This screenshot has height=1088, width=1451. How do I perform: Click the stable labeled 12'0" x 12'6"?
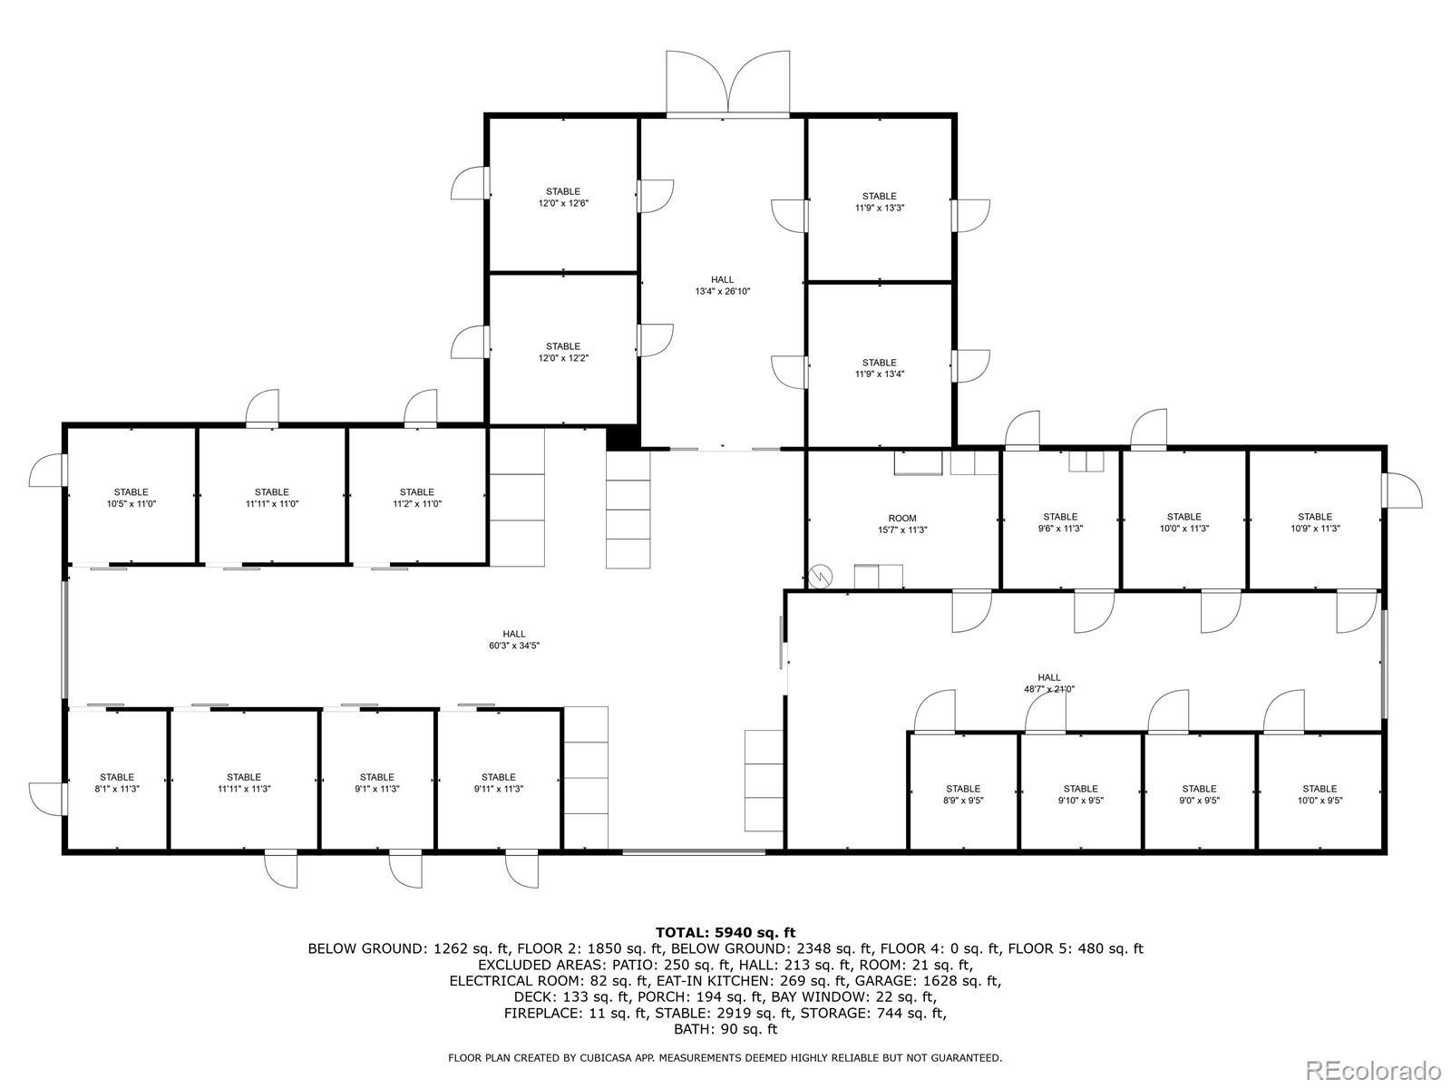562,197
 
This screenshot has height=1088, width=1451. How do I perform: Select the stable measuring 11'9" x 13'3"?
879,201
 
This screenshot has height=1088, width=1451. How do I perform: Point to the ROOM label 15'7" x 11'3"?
902,524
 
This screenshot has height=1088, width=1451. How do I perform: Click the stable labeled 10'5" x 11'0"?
131,498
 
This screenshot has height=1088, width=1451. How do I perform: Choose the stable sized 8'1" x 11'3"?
116,782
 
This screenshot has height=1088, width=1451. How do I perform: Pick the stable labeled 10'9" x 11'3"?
1315,522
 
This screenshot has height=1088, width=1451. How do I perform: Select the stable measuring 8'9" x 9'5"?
962,794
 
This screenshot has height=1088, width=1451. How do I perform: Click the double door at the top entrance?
727,84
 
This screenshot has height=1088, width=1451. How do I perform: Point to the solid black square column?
622,438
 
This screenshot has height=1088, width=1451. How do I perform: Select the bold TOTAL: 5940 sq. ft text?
725,932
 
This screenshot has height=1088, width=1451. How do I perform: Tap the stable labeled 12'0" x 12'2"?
562,352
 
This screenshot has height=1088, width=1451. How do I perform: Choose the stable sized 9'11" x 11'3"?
498,782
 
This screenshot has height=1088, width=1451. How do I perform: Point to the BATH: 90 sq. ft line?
725,1029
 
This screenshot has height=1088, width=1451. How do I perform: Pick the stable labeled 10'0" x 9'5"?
1320,794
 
